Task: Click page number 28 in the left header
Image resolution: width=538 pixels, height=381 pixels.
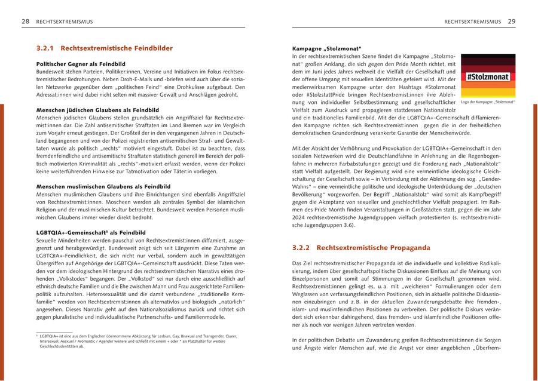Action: point(26,21)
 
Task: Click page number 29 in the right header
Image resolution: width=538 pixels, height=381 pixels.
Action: point(511,21)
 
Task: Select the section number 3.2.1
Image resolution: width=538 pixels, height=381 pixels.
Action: point(45,48)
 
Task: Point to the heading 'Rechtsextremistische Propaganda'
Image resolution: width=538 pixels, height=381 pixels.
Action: point(373,247)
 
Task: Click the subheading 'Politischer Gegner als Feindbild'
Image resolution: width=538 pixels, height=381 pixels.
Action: point(81,63)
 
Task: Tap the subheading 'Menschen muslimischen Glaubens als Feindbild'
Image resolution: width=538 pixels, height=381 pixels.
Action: point(103,187)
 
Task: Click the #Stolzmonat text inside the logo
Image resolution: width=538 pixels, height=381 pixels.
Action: point(488,76)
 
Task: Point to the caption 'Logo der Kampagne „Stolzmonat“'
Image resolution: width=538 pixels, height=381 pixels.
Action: point(488,102)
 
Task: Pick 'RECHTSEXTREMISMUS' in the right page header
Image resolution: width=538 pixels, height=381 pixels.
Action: point(472,21)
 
